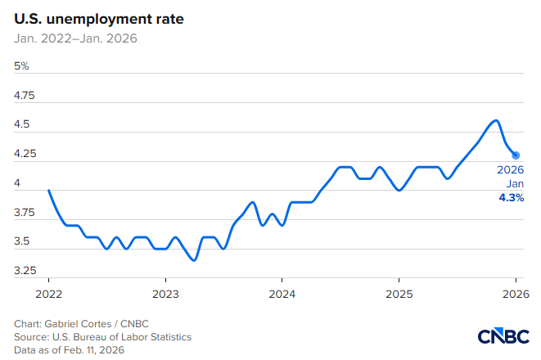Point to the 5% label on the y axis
pyautogui.click(x=22, y=65)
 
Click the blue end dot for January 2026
pyautogui.click(x=516, y=155)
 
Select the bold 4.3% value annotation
pyautogui.click(x=512, y=198)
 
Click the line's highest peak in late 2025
pyautogui.click(x=494, y=120)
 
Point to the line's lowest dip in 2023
pyautogui.click(x=193, y=260)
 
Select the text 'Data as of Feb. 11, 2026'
pyautogui.click(x=74, y=349)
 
